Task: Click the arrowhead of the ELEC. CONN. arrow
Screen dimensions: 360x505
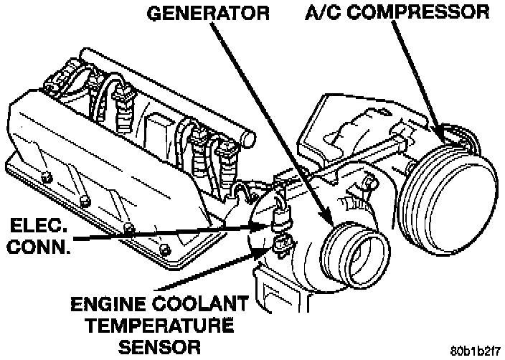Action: click(x=268, y=227)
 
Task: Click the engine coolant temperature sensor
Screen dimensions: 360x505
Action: click(x=282, y=245)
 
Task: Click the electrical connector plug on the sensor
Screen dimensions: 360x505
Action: click(x=282, y=219)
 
